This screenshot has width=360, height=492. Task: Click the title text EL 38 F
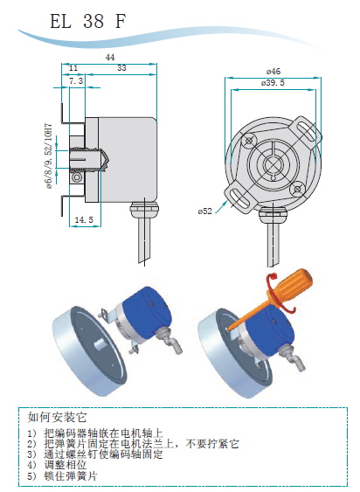pyautogui.click(x=88, y=21)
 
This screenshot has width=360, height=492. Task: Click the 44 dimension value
pyautogui.click(x=110, y=58)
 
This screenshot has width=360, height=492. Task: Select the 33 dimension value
pyautogui.click(x=121, y=68)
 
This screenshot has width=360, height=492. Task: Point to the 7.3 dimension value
pyautogui.click(x=76, y=81)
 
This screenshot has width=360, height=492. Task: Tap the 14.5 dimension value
pyautogui.click(x=84, y=219)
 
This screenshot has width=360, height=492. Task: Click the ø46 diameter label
pyautogui.click(x=273, y=72)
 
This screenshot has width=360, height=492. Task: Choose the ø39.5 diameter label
pyautogui.click(x=273, y=83)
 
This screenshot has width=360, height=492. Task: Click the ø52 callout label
pyautogui.click(x=205, y=211)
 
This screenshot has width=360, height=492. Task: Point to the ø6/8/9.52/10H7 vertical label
pyautogui.click(x=49, y=156)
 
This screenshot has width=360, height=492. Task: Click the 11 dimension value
pyautogui.click(x=73, y=68)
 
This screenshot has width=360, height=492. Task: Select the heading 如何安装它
pyautogui.click(x=57, y=418)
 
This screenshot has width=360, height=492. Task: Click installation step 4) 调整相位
pyautogui.click(x=57, y=465)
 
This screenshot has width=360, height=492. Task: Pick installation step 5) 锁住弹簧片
pyautogui.click(x=62, y=476)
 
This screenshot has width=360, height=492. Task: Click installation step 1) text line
pyautogui.click(x=95, y=433)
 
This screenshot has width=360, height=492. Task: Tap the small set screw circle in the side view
pyautogui.click(x=76, y=177)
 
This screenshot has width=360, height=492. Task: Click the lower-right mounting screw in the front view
pyautogui.click(x=297, y=189)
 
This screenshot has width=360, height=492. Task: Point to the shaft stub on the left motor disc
pyautogui.click(x=100, y=344)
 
